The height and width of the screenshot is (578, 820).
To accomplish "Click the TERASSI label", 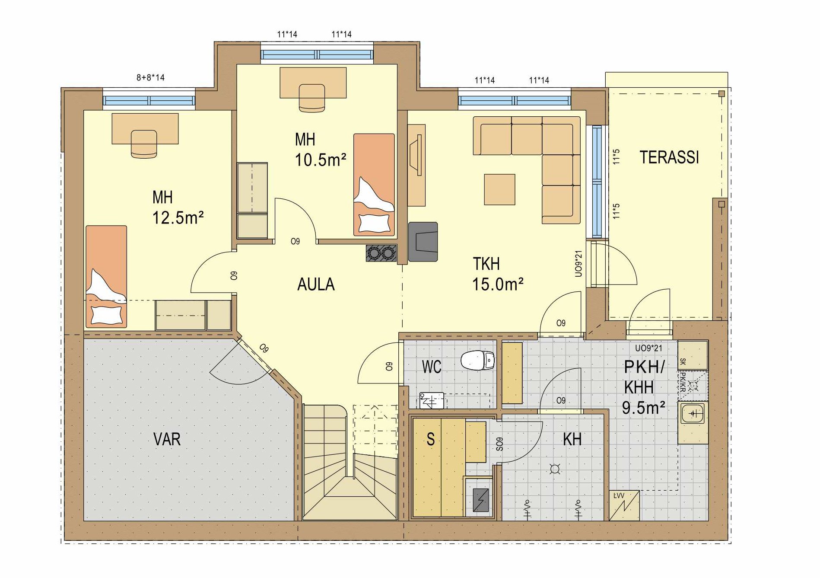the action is (669, 157).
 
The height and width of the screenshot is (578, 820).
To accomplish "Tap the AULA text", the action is (316, 284).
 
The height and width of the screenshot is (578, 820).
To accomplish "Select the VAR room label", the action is (167, 439).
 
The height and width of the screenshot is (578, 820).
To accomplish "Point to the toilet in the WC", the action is (477, 360).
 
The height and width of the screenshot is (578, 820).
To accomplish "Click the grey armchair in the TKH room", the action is (423, 242).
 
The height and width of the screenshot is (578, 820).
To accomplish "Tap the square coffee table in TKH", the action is (499, 189).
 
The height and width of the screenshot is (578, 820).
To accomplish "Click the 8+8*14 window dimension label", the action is (150, 78).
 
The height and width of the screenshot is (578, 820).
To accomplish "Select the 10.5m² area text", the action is (321, 160).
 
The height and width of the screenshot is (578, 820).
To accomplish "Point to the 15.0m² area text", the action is (498, 284).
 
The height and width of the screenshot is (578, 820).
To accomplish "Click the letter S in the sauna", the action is (430, 439).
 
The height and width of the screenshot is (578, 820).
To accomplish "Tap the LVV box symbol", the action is (624, 505).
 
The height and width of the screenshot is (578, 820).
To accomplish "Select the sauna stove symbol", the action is (480, 500).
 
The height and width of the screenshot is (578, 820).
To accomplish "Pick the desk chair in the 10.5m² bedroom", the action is (311, 99).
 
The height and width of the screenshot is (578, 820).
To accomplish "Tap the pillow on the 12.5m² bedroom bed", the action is (106, 314).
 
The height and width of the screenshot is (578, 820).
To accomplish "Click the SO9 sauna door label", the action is (499, 445).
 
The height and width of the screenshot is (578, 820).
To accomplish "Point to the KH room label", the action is (572, 439).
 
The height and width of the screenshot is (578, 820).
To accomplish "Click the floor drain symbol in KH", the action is (554, 469).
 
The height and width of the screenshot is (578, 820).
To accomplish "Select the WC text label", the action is (432, 367).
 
